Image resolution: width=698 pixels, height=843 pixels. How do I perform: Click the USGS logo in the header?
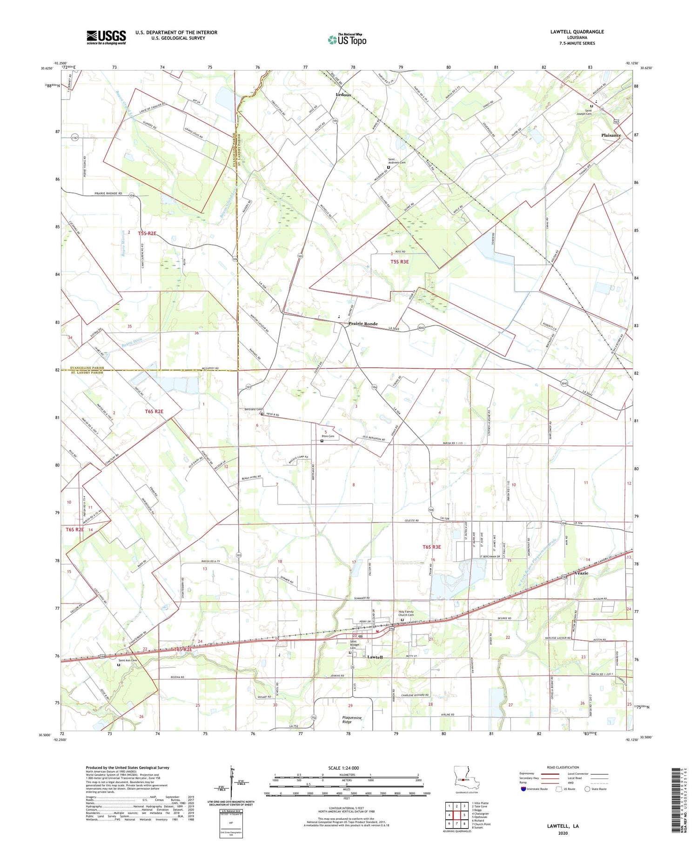[x=106, y=37]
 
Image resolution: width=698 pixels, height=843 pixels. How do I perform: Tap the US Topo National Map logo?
[x=347, y=40]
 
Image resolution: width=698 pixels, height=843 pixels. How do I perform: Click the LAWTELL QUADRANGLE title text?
[x=577, y=32]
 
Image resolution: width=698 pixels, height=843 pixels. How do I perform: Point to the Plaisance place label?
[x=611, y=135]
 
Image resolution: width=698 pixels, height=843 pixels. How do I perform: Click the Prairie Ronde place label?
[x=363, y=324]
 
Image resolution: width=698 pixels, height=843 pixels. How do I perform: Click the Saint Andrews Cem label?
[x=397, y=161]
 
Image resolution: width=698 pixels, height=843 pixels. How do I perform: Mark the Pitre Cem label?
[x=328, y=436]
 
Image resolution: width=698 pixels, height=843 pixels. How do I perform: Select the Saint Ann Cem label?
[x=128, y=660]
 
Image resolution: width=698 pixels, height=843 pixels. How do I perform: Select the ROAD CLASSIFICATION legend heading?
[x=563, y=767]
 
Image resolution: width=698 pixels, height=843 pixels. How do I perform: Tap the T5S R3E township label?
[x=399, y=262]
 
